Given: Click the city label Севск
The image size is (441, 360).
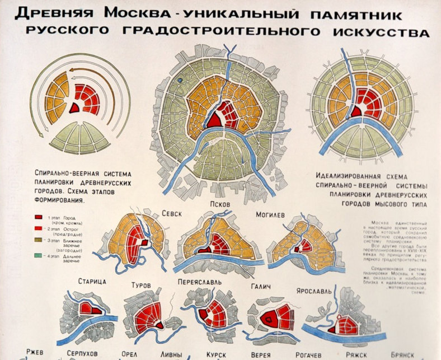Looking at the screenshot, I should point(172,213).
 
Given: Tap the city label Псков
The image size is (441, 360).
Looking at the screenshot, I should point(220,204).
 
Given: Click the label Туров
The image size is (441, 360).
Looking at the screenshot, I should point(140,285).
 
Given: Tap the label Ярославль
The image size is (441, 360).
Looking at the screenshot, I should point(315,291).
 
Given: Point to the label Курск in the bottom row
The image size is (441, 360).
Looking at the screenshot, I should point(215,355).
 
